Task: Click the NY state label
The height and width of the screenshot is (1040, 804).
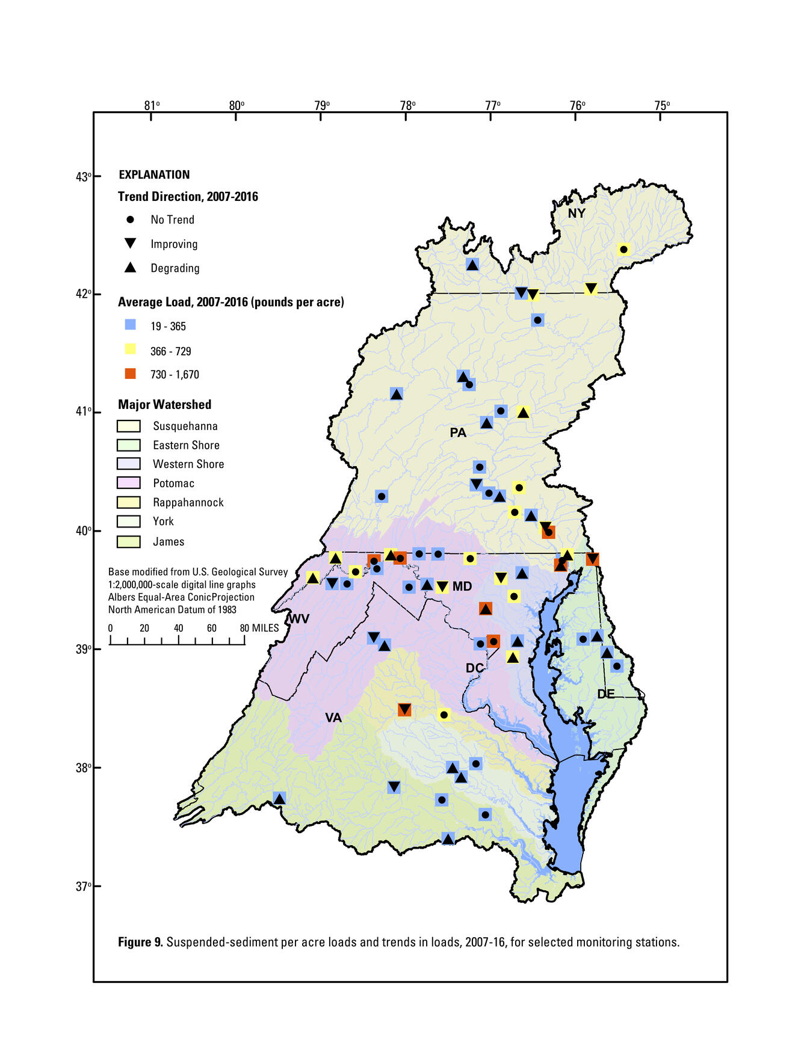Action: coord(576,214)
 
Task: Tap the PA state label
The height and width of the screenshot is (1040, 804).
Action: coord(457,432)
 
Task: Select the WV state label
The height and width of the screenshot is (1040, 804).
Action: coord(298,619)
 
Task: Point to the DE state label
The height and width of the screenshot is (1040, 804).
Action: coord(605,694)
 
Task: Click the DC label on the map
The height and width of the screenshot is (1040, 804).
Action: coord(474,668)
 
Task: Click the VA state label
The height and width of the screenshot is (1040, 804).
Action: coord(333,718)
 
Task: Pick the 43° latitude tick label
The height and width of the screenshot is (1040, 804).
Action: coord(84,177)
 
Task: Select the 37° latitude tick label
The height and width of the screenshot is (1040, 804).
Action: coord(84,886)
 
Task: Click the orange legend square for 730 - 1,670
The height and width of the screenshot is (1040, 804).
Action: coord(130,374)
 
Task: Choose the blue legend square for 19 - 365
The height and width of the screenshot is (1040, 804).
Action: coord(130,325)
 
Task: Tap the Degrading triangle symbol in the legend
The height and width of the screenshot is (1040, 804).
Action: coord(130,268)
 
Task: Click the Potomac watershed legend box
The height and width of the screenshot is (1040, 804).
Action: coord(128,483)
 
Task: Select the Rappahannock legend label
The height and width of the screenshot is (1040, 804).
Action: coord(188,502)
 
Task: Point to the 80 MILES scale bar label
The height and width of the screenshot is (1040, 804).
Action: coord(260,628)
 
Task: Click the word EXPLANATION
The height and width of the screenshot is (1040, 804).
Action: coord(154,175)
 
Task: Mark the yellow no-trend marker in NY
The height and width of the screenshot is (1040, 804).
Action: coord(623,249)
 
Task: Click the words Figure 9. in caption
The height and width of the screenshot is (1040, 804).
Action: coord(140,942)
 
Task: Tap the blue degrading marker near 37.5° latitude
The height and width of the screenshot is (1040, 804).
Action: coord(448,838)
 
